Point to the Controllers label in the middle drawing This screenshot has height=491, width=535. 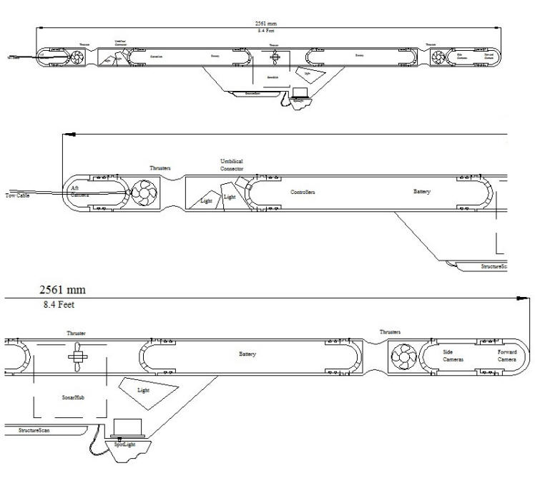coord(303,193)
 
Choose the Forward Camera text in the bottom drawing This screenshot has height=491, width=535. coord(507,356)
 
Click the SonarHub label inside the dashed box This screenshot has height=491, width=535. coord(73,394)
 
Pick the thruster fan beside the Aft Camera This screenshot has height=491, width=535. coord(142,193)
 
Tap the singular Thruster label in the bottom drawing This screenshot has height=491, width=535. coord(77,334)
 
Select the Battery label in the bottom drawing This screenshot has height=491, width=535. coord(247,355)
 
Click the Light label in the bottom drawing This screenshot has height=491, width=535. coord(143,390)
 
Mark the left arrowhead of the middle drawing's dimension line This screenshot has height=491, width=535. coord(67,133)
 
